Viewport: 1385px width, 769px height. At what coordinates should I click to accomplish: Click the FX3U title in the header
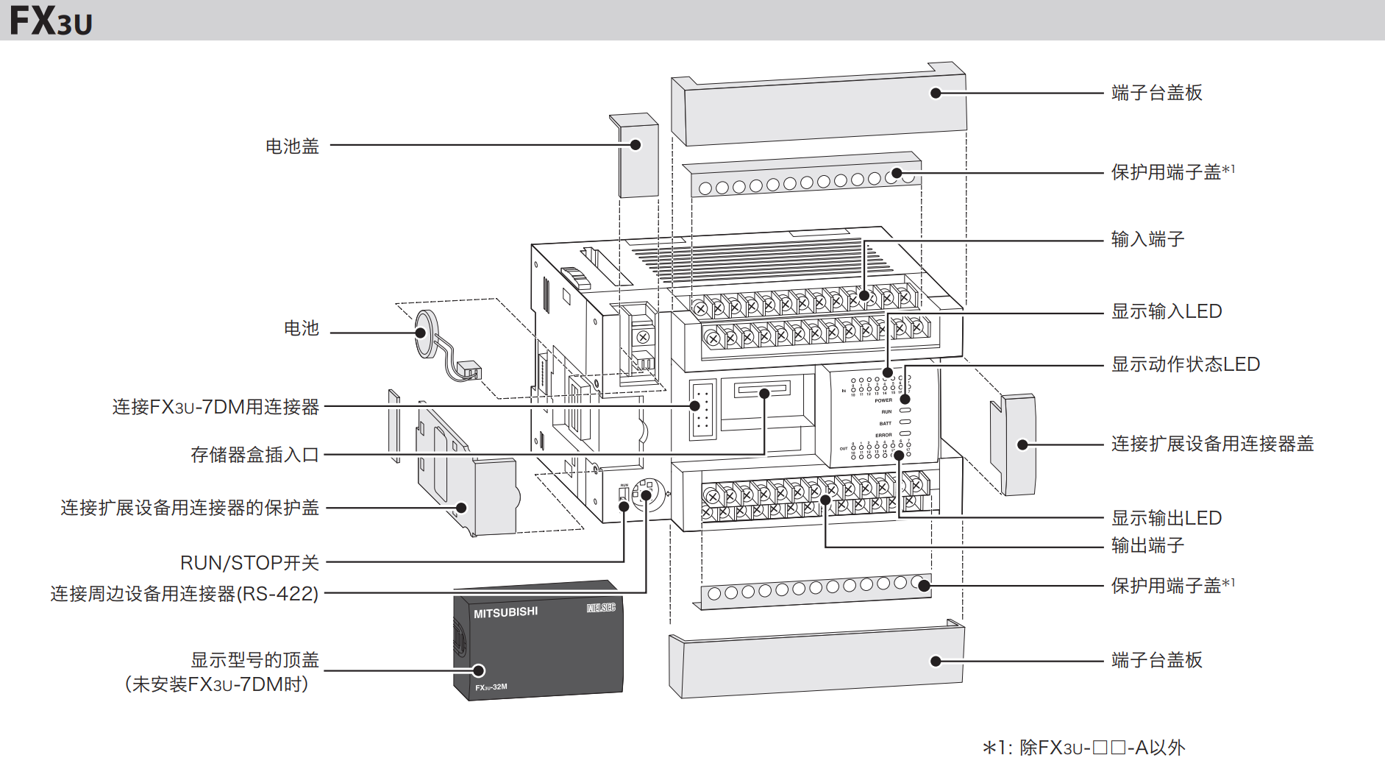click(x=51, y=21)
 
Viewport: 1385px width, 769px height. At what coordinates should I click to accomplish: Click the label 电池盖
click(x=292, y=146)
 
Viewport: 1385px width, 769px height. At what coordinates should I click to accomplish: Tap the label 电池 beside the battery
click(x=301, y=328)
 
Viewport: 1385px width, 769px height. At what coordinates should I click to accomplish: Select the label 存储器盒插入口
click(x=254, y=455)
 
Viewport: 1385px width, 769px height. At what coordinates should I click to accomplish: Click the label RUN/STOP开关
click(x=249, y=563)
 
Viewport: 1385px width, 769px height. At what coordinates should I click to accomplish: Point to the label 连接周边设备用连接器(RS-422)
click(x=184, y=594)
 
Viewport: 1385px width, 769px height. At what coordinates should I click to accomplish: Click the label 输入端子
click(x=1147, y=239)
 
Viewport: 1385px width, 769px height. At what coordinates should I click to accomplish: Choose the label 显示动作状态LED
click(x=1185, y=364)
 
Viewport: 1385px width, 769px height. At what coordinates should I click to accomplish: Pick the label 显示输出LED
click(x=1166, y=518)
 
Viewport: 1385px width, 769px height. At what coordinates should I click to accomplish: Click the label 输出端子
click(x=1147, y=545)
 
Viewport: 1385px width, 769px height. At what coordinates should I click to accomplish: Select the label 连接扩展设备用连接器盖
click(x=1212, y=444)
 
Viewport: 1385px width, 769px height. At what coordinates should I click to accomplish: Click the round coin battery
click(x=426, y=333)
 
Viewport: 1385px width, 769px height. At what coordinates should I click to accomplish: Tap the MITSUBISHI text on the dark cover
click(x=505, y=612)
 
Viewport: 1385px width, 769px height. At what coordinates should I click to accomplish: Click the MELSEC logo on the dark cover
click(x=601, y=607)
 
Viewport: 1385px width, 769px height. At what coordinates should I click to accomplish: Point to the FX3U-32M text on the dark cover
click(x=491, y=687)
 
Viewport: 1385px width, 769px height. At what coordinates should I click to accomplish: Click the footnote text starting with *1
click(x=1083, y=748)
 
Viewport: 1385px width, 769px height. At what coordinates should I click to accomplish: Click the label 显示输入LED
click(x=1166, y=311)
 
